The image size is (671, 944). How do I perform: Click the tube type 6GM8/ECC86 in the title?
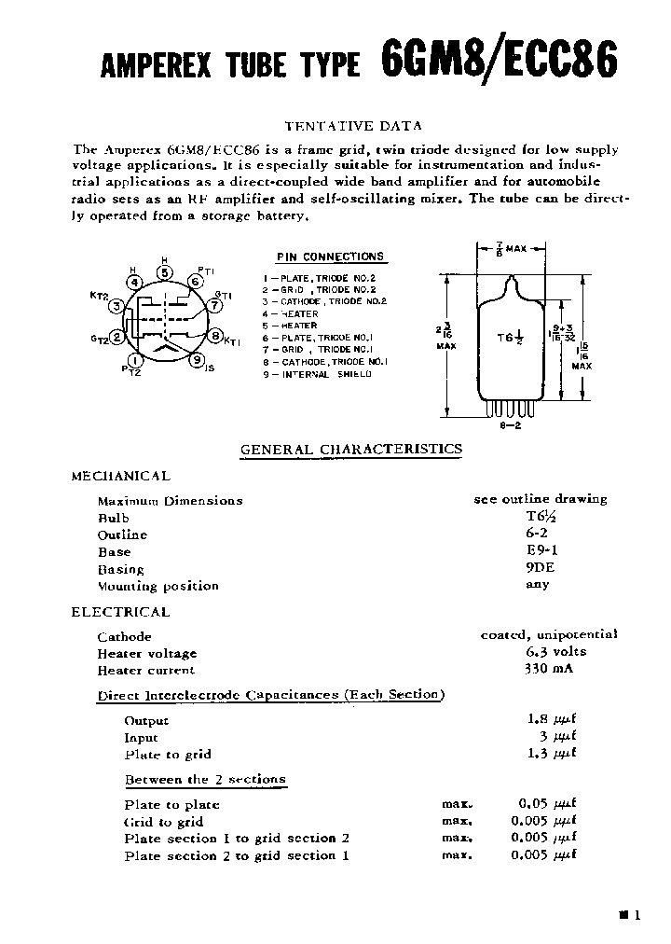pos(499,61)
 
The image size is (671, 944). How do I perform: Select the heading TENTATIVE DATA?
pos(352,125)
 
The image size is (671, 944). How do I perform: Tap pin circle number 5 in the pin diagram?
pos(165,273)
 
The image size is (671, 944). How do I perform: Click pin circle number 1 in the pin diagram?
pos(136,360)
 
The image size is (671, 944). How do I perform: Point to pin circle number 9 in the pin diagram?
pos(197,358)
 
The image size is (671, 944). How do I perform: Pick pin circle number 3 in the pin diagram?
pos(116,305)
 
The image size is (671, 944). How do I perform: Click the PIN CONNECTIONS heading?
pos(330,257)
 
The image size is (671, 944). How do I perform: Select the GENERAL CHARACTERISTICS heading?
pos(351,449)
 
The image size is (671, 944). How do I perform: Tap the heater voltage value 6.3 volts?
pos(543,652)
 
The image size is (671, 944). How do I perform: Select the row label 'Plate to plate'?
pos(171,804)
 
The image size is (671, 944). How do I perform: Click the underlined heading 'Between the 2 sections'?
pos(205,779)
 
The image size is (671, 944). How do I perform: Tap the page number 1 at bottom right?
pos(637,916)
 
